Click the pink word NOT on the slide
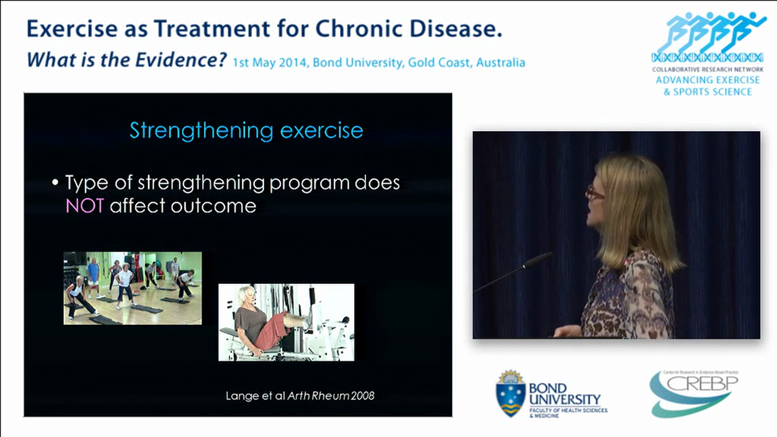84,206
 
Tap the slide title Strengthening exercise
246,130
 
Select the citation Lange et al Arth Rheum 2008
300,396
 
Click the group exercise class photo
132,288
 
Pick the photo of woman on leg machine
286,322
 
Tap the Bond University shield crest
511,393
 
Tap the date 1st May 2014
271,63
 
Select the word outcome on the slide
213,206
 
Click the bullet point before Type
56,183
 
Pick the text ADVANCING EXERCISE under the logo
707,80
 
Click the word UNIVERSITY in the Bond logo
565,400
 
